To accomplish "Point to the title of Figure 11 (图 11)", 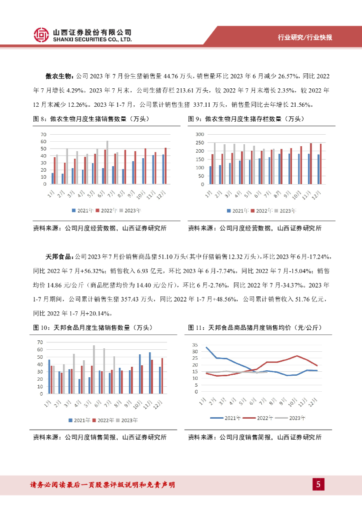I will tap(254, 327).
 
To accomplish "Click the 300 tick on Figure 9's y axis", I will tap(199, 135).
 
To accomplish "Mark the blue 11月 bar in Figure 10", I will tap(149, 373).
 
